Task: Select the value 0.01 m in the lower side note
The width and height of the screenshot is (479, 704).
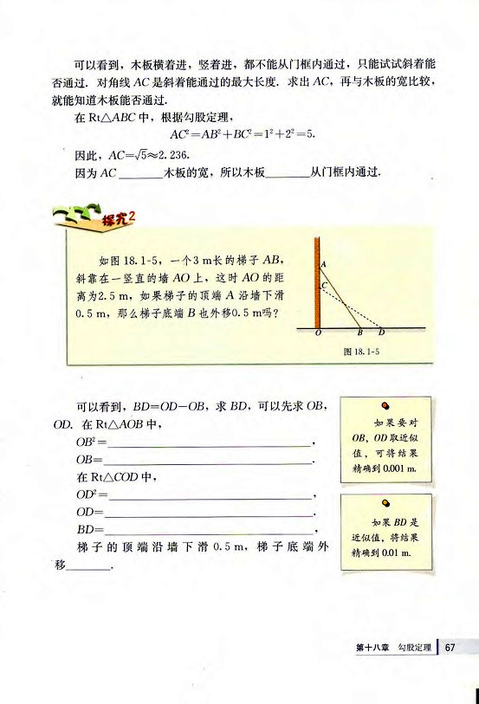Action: tap(391, 552)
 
